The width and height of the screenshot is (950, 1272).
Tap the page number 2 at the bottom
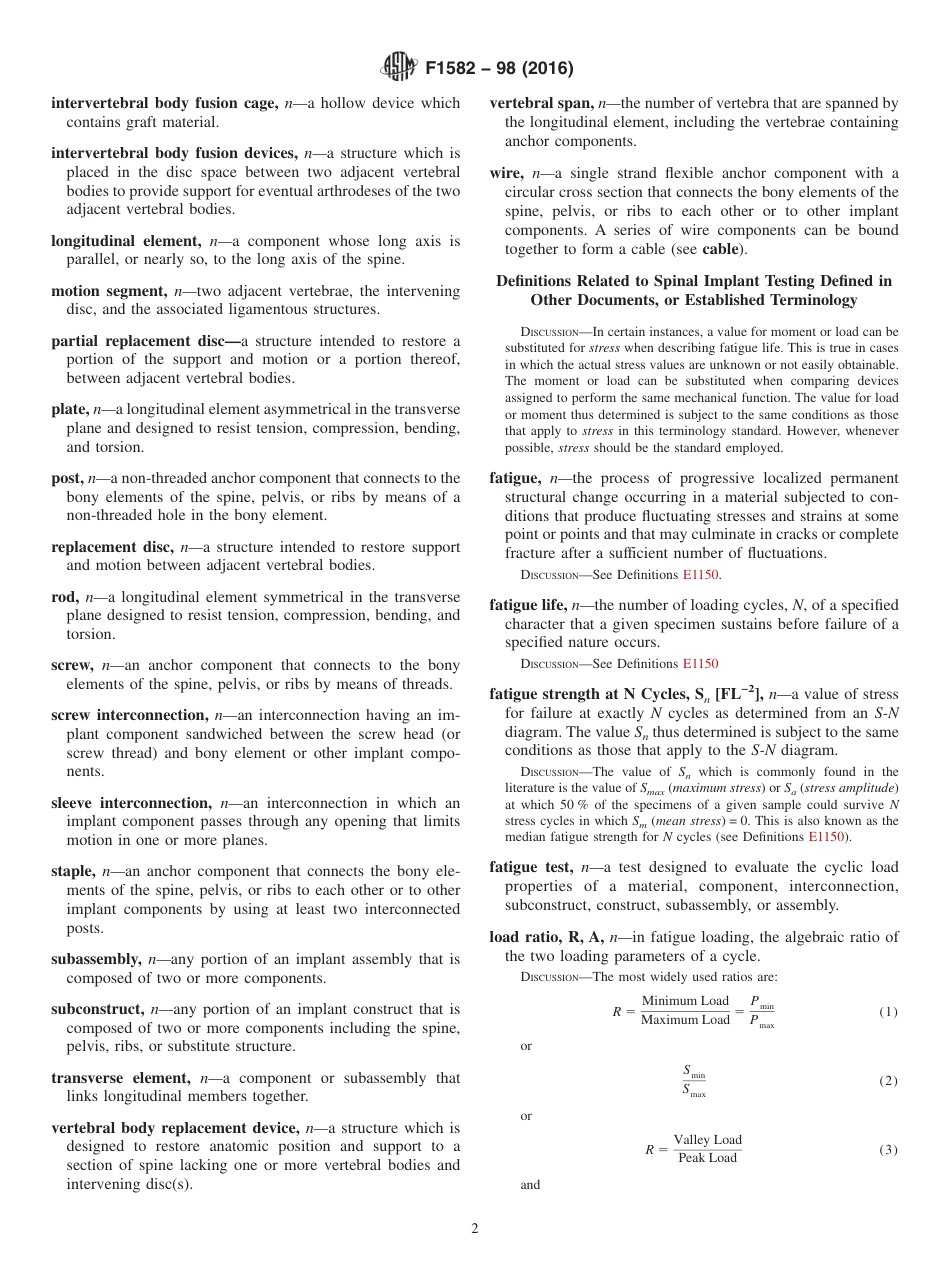coord(475,1229)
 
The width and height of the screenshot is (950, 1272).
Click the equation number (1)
coord(888,1012)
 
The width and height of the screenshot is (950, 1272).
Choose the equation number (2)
coord(888,1081)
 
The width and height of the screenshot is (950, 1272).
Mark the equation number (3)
coord(888,1150)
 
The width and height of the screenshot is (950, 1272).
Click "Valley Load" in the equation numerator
coord(707,1140)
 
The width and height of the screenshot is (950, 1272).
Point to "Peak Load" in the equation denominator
coord(707,1158)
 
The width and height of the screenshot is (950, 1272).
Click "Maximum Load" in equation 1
coord(685,1021)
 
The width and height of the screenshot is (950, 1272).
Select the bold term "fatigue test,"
coord(531,867)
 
